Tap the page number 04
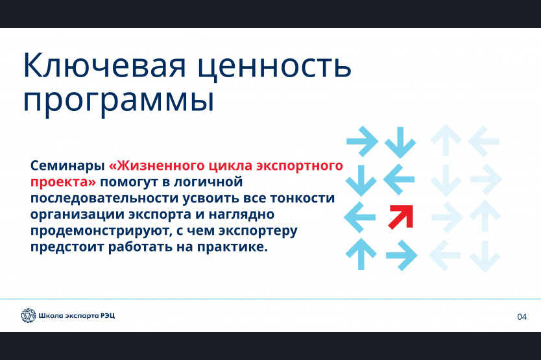pos(522,317)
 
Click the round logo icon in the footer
pos(29,315)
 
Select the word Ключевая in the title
pos(104,66)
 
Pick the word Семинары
pos(67,165)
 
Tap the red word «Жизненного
pos(158,166)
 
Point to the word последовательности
pos(104,198)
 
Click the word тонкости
pos(302,198)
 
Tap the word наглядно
pos(241,215)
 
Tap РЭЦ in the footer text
pos(108,316)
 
